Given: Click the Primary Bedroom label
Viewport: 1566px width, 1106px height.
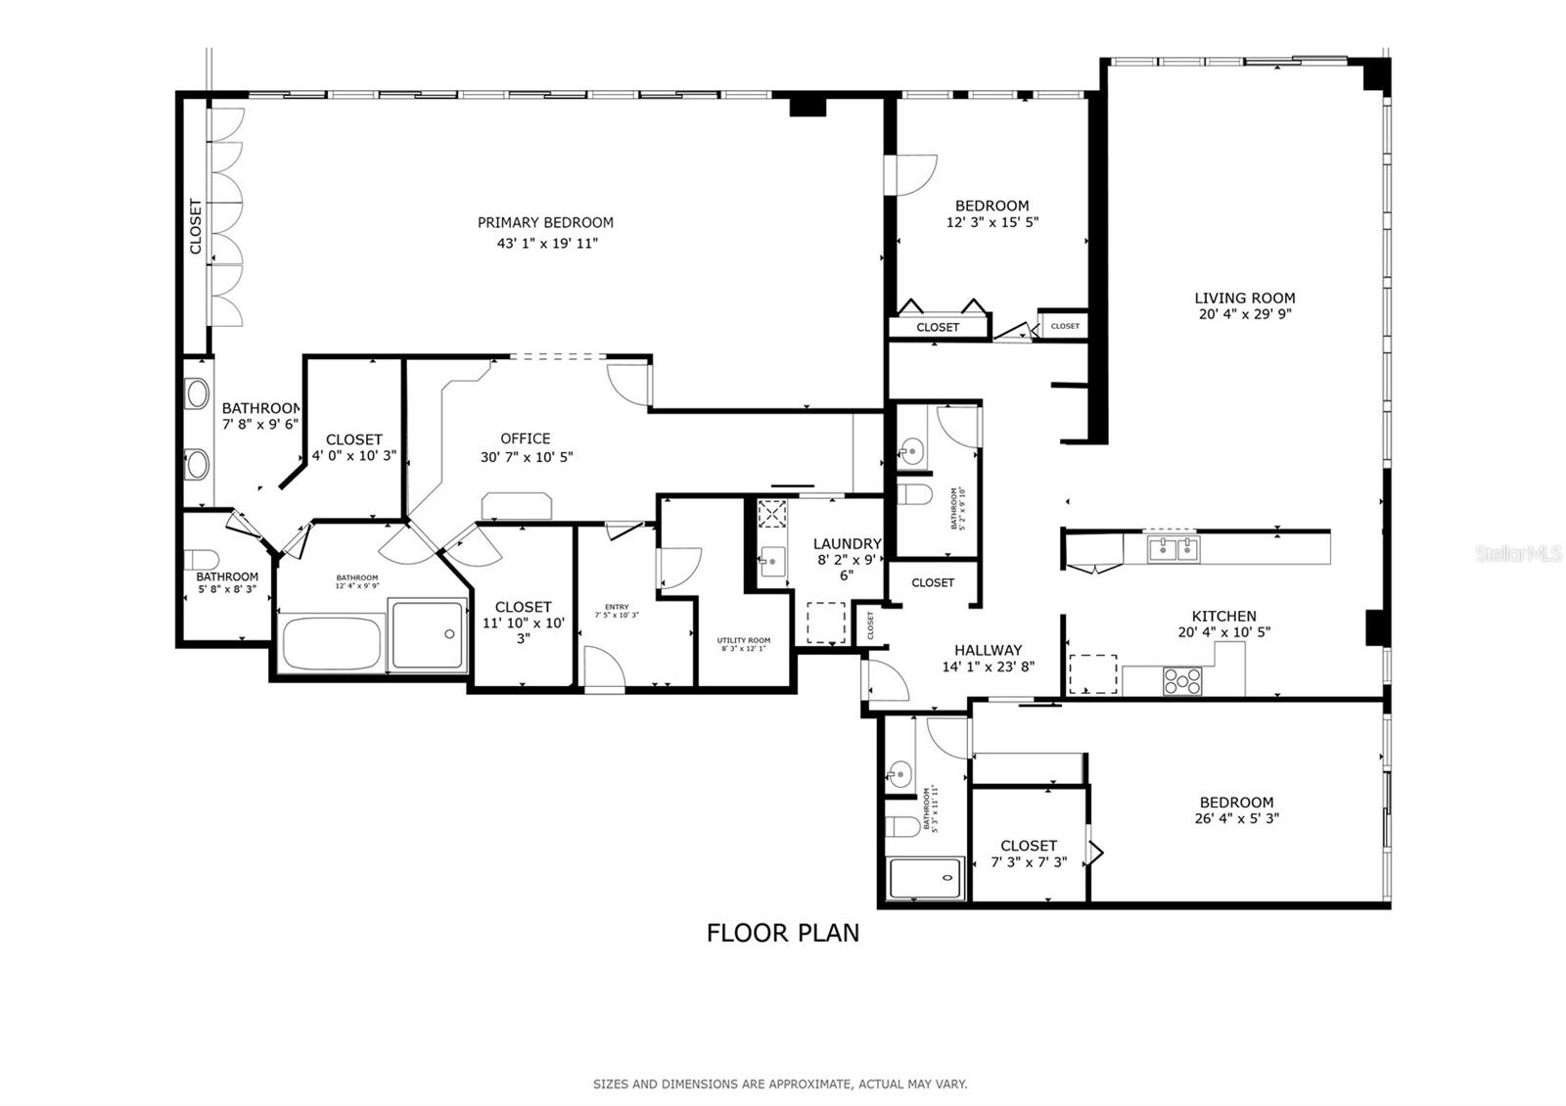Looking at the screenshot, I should point(545,222).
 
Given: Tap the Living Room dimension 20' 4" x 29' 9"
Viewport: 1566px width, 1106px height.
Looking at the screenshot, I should point(1244,315).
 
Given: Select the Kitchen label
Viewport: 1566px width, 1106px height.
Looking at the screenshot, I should point(1223,617).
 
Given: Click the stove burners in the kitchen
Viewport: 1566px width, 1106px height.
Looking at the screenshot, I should point(1182,680).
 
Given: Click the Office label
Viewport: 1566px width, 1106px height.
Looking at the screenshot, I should point(526,438).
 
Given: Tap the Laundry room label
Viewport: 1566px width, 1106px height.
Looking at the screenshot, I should point(847,544).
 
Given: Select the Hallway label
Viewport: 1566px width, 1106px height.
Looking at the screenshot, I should point(988,650).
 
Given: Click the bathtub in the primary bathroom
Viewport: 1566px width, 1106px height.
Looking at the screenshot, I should point(331,643).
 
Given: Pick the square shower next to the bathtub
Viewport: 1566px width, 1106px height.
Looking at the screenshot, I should point(428,635).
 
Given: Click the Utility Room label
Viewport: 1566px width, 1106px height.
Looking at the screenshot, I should point(744,640).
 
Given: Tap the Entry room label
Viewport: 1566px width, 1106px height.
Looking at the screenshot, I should point(617,607).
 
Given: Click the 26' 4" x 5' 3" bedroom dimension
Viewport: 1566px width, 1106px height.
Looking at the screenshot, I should point(1236,819).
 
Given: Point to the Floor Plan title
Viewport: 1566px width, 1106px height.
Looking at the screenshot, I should point(783,933).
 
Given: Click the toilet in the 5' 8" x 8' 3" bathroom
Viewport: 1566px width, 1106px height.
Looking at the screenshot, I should point(203,559).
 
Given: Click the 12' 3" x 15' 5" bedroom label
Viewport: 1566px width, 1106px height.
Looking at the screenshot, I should point(991,206).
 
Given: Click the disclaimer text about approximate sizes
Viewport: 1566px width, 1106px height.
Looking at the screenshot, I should point(780,1084).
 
